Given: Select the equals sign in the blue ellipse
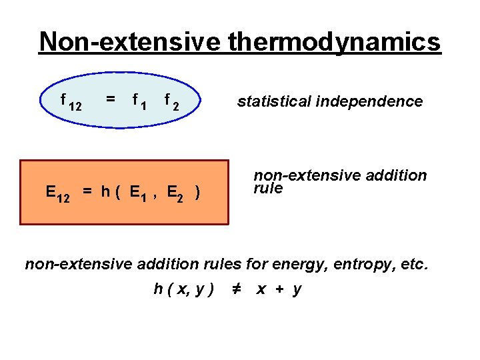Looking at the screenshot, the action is coord(111,99).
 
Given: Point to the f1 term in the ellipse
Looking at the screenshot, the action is coord(140,102).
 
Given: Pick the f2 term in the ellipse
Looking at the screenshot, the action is coord(172,102).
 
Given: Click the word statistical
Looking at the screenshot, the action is coord(274,101).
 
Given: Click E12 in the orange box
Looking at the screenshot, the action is coord(57,193).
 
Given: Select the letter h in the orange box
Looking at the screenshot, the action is coord(105,192).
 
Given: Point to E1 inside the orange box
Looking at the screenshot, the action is coord(139,193).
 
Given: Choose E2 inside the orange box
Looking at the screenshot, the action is coord(176,193).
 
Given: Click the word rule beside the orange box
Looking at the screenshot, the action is coord(268,189).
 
